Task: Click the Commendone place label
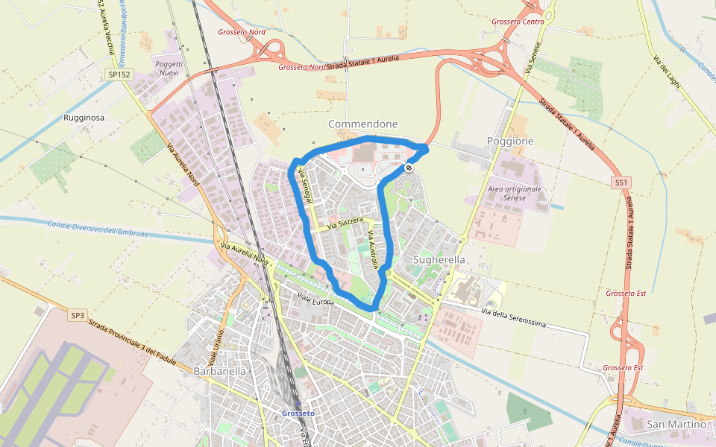[x=363, y=124]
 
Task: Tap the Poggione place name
[x=510, y=141]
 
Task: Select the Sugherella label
[x=439, y=259]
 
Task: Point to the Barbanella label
[x=219, y=371]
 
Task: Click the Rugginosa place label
[x=84, y=118]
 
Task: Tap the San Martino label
[x=676, y=424]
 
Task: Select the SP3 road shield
[x=78, y=315]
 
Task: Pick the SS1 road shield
[x=621, y=182]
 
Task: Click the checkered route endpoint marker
[x=409, y=168]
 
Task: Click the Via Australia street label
[x=373, y=249]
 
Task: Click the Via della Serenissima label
[x=514, y=319]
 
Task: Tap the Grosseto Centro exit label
[x=518, y=22]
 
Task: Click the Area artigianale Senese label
[x=514, y=194]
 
